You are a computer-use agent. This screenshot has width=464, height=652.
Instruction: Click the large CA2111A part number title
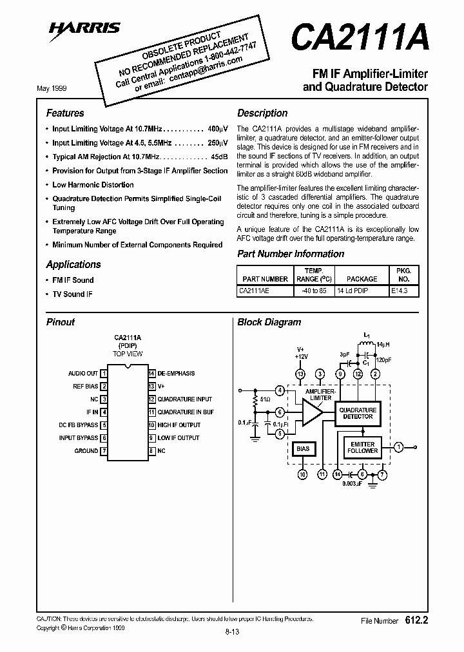click(359, 37)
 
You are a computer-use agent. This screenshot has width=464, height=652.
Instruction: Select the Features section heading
click(65, 113)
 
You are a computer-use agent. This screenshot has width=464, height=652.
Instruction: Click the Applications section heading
click(73, 264)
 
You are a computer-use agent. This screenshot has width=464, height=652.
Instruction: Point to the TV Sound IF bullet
click(73, 294)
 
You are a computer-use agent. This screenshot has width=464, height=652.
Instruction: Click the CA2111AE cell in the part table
click(255, 291)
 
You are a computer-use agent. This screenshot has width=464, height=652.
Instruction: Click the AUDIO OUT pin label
click(83, 374)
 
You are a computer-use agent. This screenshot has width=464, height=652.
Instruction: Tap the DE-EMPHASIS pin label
click(176, 374)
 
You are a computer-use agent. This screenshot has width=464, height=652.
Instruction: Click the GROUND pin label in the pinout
click(86, 451)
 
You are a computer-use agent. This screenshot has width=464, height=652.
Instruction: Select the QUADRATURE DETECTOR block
click(358, 413)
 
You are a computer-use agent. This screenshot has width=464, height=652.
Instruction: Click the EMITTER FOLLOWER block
click(363, 447)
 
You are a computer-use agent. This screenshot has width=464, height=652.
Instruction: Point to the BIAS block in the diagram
click(302, 448)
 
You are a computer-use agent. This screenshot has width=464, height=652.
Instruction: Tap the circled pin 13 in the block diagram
click(300, 374)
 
